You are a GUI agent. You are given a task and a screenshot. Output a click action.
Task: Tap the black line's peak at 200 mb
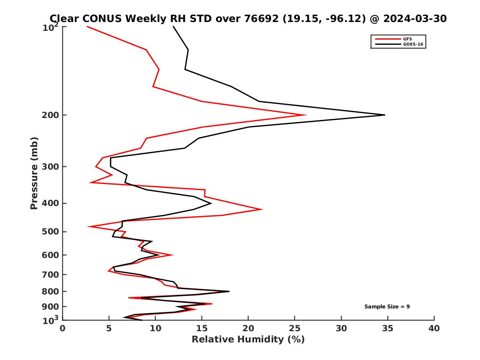(x=384, y=115)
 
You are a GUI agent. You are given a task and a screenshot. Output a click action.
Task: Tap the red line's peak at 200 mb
(x=306, y=115)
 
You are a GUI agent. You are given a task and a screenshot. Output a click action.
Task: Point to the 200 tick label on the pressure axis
(x=51, y=115)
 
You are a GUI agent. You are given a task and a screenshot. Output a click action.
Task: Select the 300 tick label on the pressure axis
(x=51, y=166)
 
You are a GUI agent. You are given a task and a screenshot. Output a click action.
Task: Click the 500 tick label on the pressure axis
(x=51, y=232)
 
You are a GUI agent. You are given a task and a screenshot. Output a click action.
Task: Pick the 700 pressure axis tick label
(x=51, y=274)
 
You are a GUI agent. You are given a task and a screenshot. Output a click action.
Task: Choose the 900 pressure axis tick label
(x=51, y=306)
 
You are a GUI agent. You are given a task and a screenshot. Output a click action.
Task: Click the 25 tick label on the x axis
(x=295, y=328)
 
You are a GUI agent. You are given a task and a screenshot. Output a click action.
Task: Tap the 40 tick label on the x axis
(x=434, y=328)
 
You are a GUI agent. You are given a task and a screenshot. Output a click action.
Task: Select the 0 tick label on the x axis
(x=63, y=328)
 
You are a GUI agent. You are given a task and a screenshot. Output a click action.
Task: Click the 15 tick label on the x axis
(x=202, y=328)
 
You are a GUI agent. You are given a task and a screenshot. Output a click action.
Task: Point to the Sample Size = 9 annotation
(x=387, y=307)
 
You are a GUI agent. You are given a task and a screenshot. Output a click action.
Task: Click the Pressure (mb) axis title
(x=34, y=173)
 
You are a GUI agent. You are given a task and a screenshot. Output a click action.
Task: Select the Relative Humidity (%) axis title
(x=248, y=340)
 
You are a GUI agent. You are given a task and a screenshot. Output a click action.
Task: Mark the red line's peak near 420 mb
(x=262, y=209)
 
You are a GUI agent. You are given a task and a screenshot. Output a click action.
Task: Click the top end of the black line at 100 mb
(x=173, y=27)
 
